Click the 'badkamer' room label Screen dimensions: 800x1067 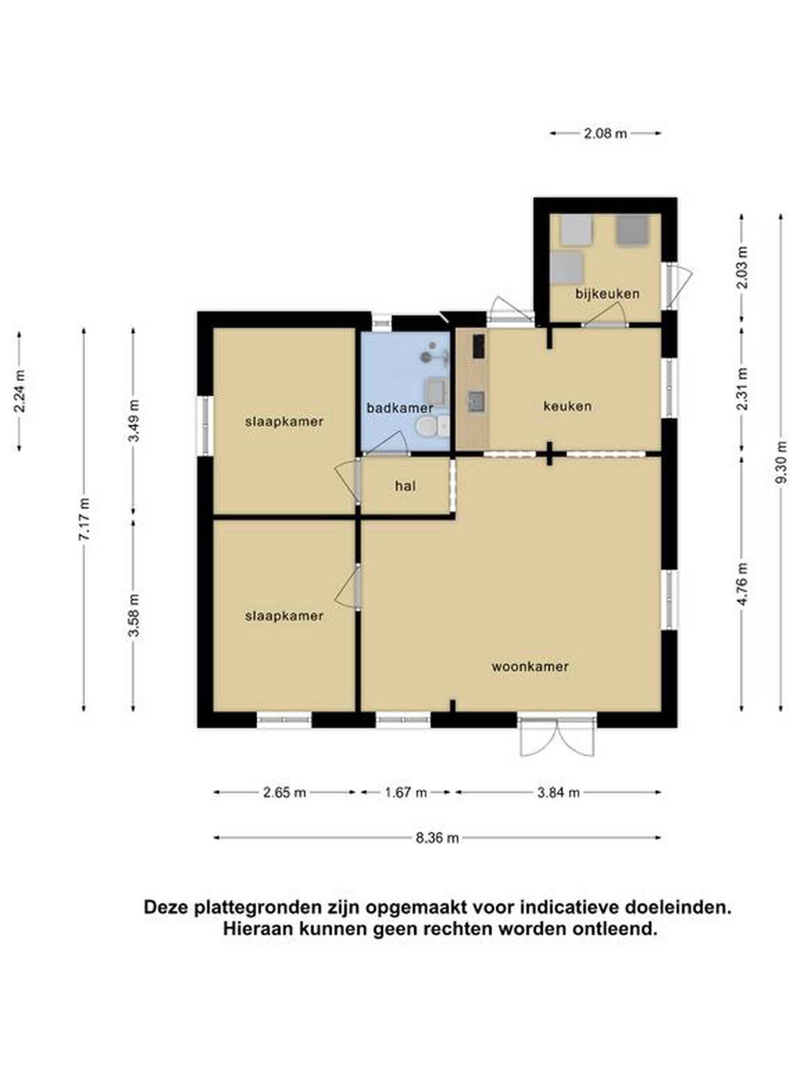400,408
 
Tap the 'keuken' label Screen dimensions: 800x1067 567,406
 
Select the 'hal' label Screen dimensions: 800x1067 405,486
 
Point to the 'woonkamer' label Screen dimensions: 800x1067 530,666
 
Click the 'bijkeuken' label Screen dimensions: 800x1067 607,294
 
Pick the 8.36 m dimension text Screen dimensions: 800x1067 437,838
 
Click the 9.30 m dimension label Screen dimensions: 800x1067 781,462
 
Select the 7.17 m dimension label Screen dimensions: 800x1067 85,519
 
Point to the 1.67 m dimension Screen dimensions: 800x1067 406,792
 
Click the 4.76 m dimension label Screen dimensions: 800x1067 742,583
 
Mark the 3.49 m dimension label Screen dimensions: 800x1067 134,420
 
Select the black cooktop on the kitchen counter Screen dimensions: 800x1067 479,346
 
